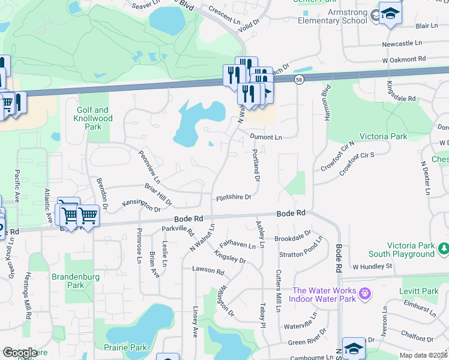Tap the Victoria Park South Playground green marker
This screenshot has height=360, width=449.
pos(444,248)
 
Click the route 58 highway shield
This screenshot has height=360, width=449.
pos(298,80)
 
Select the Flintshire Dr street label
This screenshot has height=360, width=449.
pos(234,196)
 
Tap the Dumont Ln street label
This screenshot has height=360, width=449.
pos(265,137)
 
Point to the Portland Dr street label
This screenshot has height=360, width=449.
pos(256,165)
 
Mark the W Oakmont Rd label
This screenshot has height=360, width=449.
pos(403,59)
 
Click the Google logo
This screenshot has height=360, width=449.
pos(20,353)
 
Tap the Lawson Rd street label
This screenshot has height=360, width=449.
pos(208,271)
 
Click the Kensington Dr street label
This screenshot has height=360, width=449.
pos(142,206)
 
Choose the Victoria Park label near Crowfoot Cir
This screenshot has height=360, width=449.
pos(383,137)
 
